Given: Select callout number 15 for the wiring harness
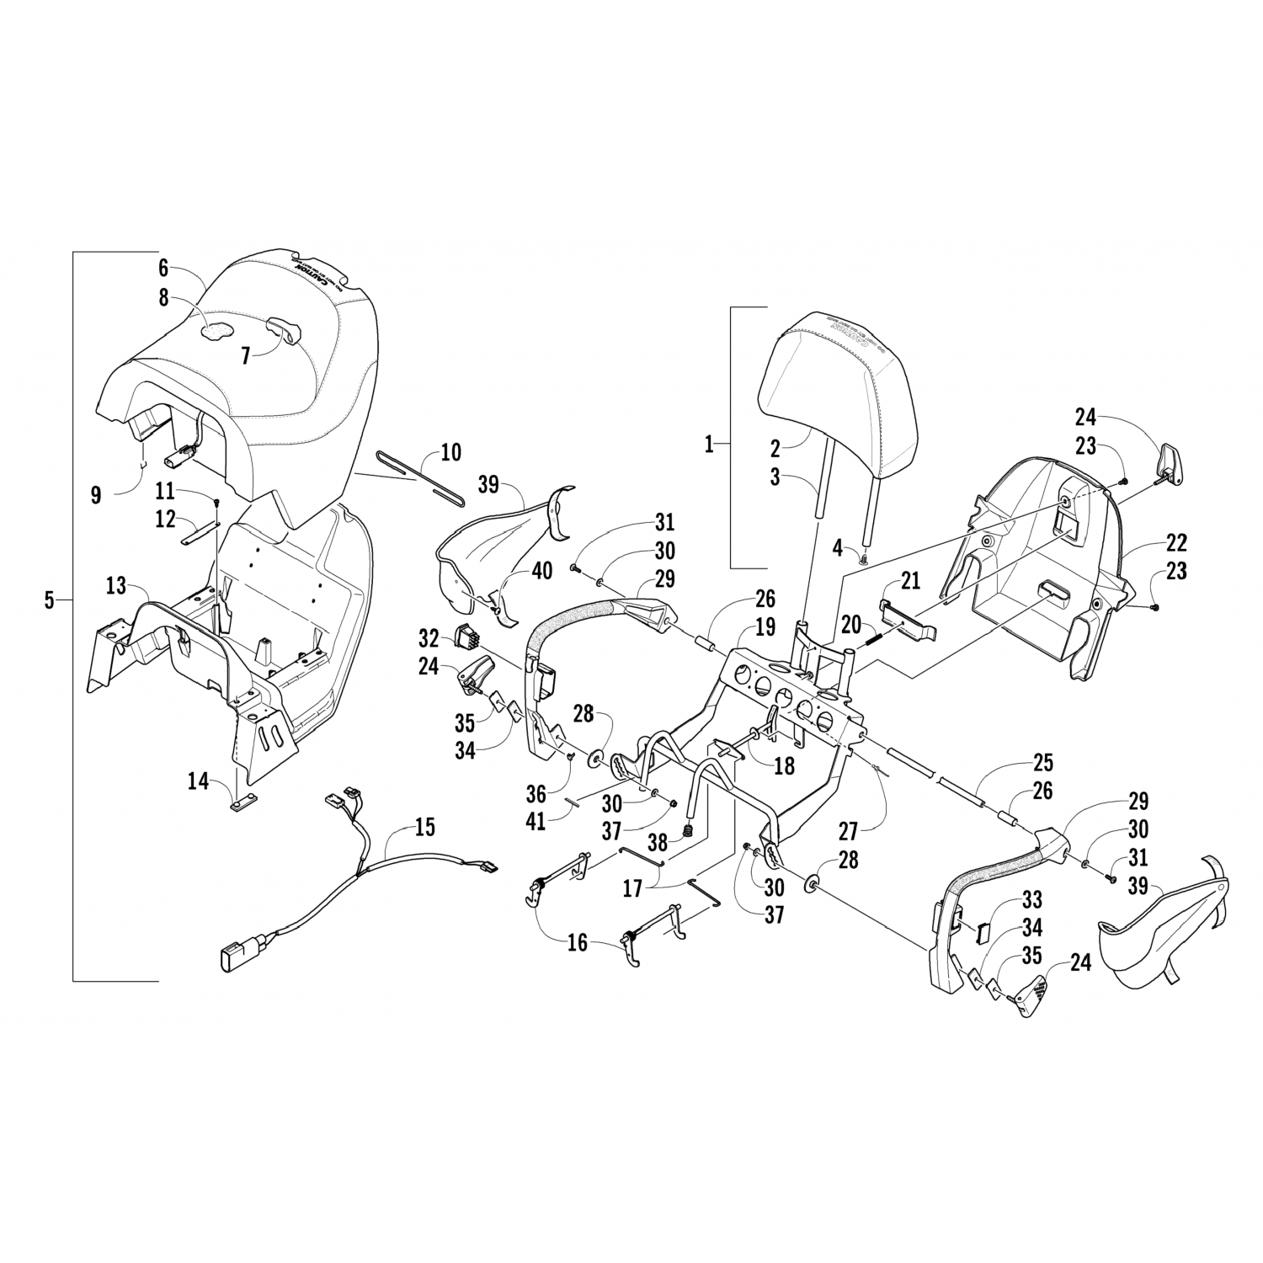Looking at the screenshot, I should click(x=424, y=827).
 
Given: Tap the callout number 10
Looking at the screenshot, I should click(x=450, y=452).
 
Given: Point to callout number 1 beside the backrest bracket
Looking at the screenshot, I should click(x=709, y=444).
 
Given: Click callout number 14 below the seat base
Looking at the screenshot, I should click(x=198, y=781).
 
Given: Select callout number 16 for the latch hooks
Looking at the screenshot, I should click(x=578, y=941).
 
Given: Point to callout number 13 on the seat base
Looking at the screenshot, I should click(x=116, y=584).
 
